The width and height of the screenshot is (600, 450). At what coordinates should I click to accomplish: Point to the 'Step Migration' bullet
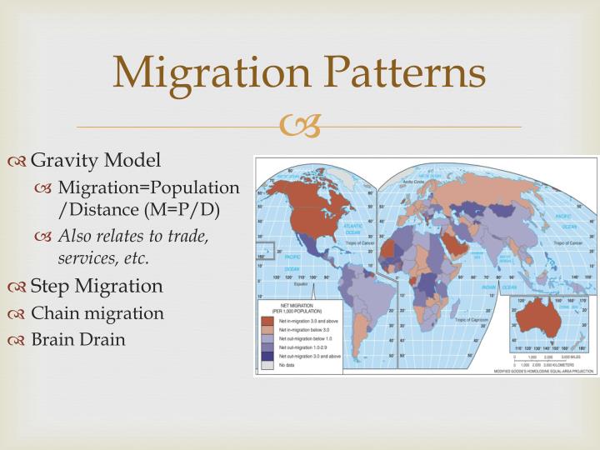[x=97, y=286]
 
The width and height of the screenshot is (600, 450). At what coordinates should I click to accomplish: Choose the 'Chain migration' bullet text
[x=97, y=313]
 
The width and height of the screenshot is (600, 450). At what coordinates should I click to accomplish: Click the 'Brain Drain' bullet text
[x=78, y=339]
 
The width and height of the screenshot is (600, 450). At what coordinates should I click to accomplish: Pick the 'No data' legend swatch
[x=267, y=364]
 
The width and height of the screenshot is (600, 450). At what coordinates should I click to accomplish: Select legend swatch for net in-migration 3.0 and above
[x=267, y=319]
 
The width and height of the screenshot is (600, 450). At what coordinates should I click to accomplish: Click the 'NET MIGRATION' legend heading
[x=291, y=306]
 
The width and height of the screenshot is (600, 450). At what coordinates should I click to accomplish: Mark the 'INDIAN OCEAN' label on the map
[x=471, y=290]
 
